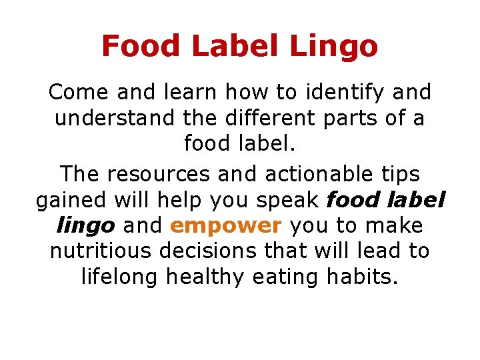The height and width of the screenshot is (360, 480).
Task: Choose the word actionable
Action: [x=323, y=174]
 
